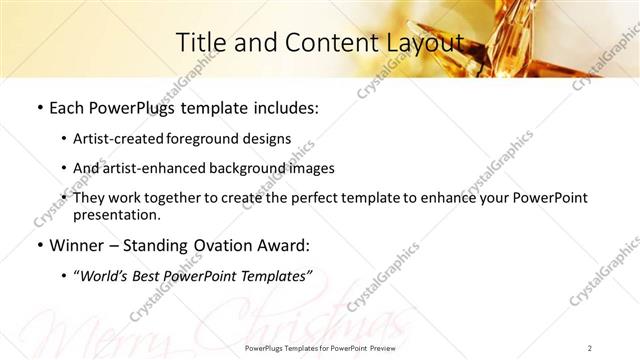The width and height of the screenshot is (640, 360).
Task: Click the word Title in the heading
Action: click(x=198, y=42)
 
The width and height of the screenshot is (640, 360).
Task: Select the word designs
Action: click(x=268, y=139)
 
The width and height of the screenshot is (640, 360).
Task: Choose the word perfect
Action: click(x=305, y=198)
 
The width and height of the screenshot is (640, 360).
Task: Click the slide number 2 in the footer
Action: click(x=590, y=348)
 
